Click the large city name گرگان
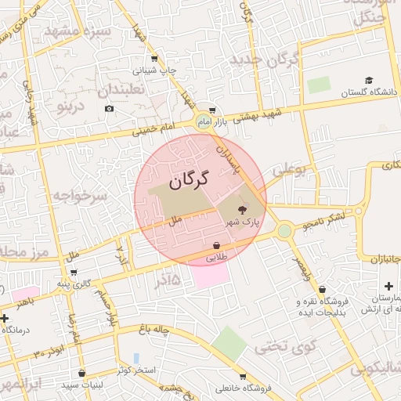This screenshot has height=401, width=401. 190,179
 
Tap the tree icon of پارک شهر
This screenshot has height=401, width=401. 240,208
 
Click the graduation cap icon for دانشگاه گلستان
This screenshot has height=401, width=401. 368,80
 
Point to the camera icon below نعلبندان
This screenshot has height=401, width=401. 109,107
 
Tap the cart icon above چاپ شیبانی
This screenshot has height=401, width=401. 154,58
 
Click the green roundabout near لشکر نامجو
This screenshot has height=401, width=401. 284,231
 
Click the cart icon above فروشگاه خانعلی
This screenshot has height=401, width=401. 243,377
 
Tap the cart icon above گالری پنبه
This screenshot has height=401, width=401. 74,273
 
